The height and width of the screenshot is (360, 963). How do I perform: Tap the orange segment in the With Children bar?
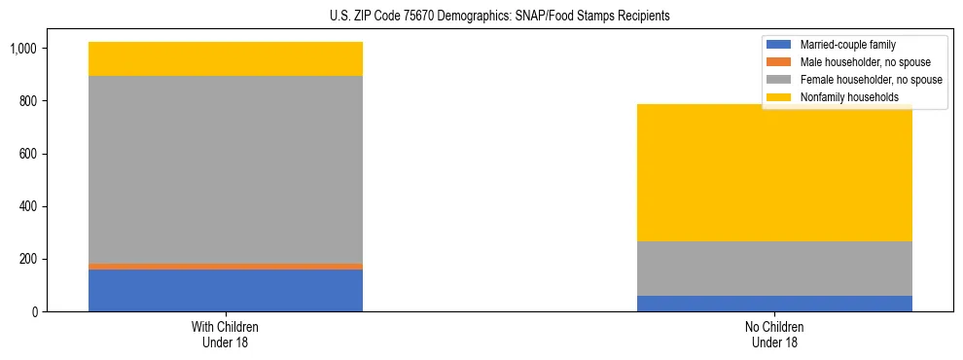pos(226,266)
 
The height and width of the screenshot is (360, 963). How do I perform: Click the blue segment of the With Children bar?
pos(226,290)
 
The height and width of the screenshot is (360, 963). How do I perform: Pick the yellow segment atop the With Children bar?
pos(226,59)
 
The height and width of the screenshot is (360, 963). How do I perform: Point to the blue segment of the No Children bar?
pos(774,304)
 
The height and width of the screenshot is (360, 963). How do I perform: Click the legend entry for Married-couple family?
pos(846,45)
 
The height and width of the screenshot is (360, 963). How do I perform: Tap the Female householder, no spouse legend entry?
pos(870,80)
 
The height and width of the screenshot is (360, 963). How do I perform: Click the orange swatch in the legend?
pos(779,62)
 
